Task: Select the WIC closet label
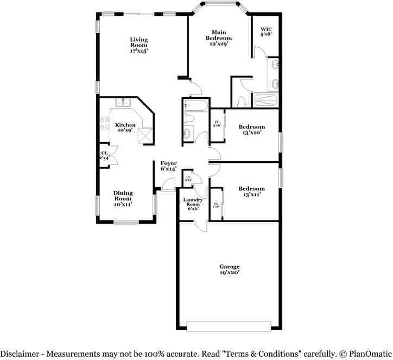[266, 29]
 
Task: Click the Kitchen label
[125, 125]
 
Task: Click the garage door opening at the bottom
[228, 325]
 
